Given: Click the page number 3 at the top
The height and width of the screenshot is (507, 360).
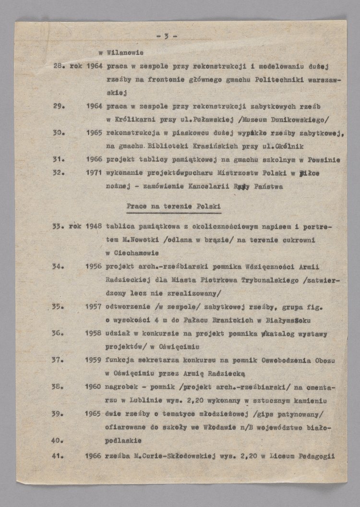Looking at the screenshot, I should tap(166, 36).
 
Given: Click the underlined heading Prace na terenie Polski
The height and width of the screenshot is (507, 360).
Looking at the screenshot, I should tap(173, 206).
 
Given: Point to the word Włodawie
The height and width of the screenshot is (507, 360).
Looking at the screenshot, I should tap(224, 426).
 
